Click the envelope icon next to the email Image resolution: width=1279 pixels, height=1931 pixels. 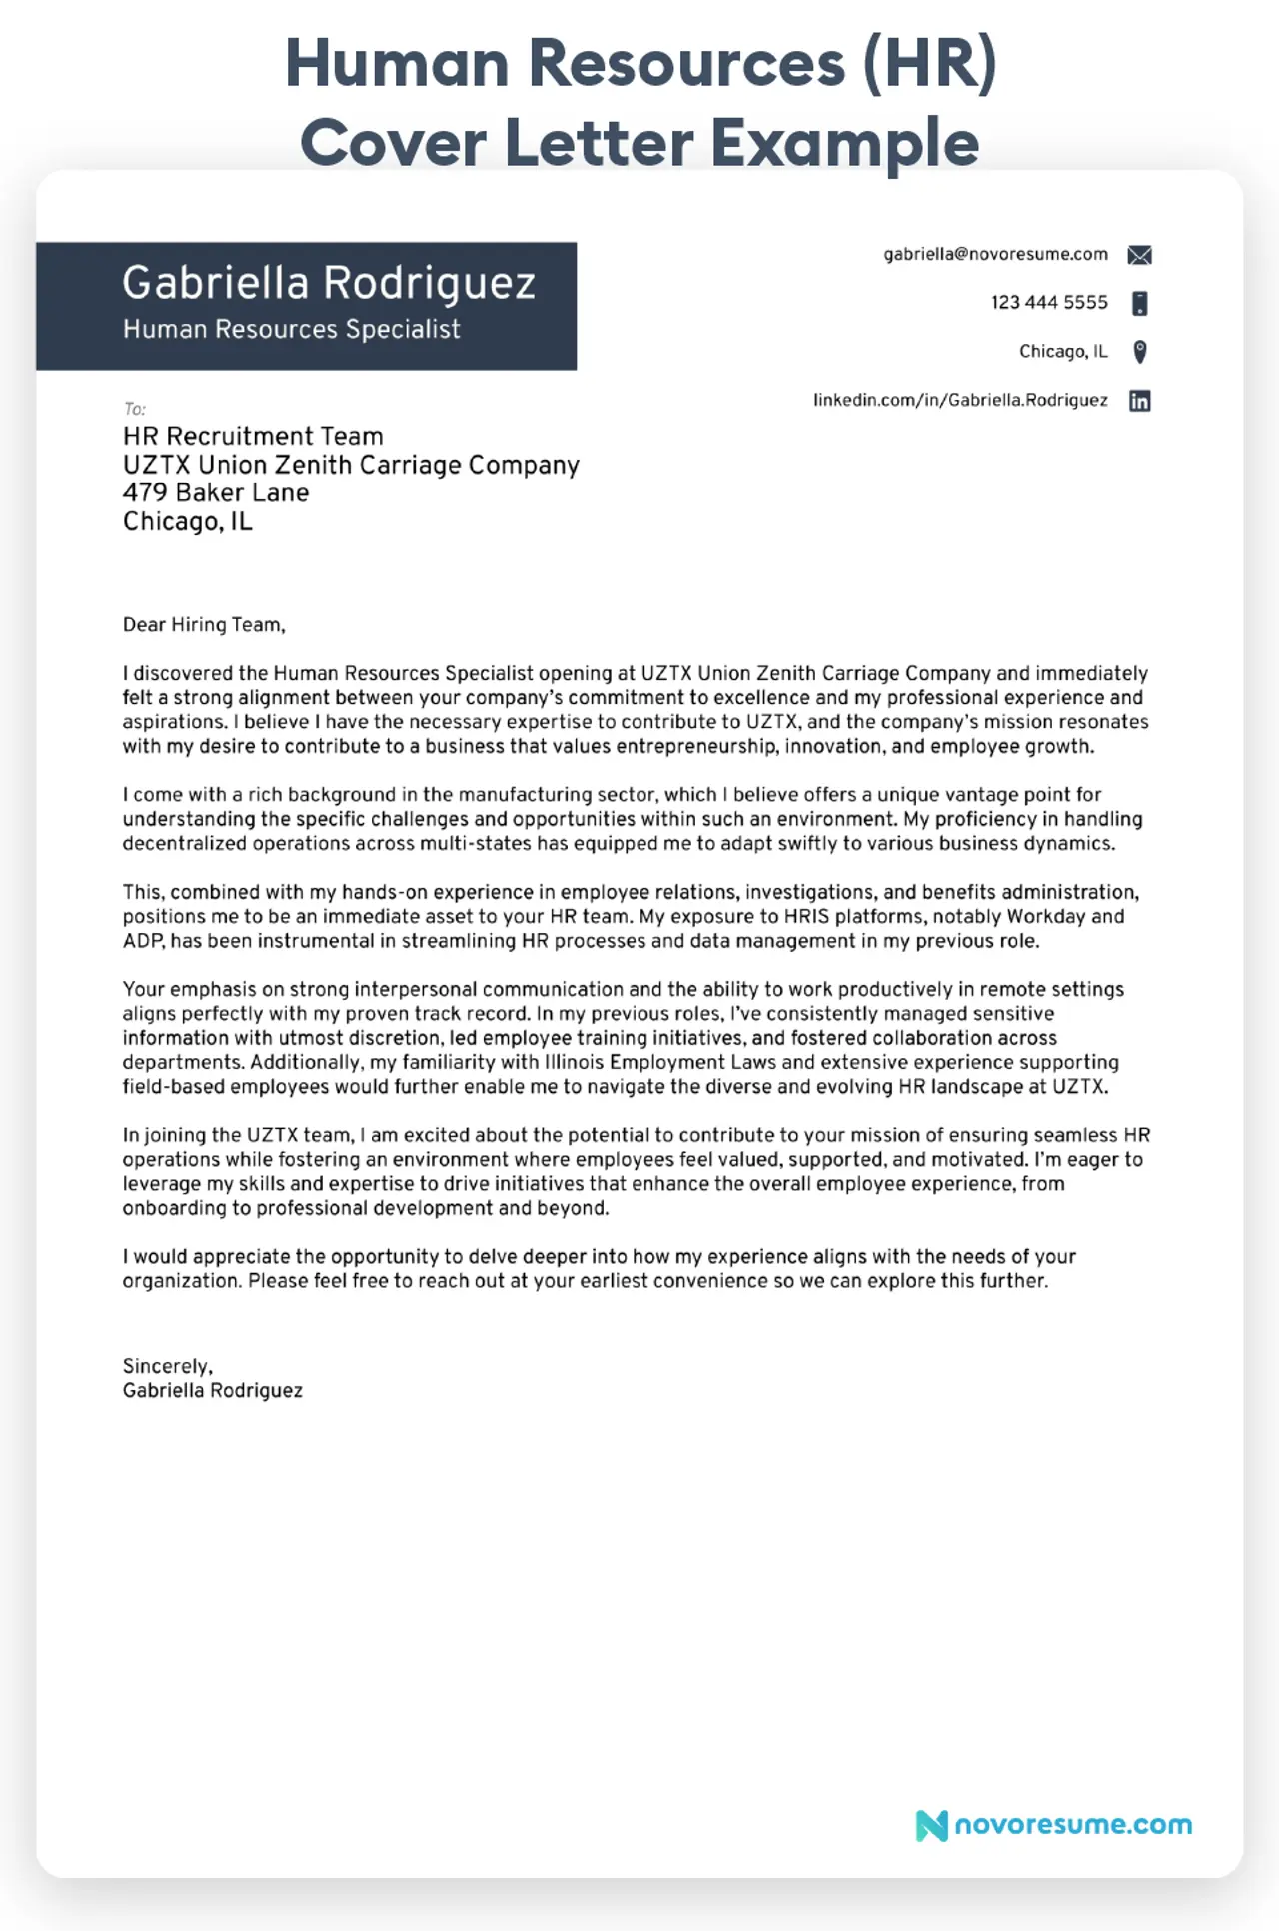point(1139,255)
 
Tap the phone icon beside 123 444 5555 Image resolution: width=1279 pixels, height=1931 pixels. point(1139,303)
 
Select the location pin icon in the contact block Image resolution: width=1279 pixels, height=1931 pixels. point(1139,351)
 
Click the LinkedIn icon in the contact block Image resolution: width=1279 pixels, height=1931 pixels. point(1139,401)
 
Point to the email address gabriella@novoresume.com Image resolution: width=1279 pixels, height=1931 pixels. point(995,254)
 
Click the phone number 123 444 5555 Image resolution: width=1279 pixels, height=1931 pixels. point(1049,302)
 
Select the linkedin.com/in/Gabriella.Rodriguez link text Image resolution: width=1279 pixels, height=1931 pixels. point(960,400)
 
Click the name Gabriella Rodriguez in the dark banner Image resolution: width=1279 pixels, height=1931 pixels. point(329,283)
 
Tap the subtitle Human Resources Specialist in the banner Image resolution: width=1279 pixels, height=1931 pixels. point(291,329)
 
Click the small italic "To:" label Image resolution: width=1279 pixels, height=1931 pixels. point(135,409)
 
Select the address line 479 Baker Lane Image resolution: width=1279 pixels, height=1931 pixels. point(216,492)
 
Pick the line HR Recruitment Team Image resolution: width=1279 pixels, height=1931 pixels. point(253,436)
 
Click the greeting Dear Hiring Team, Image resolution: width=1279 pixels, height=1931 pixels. point(204,625)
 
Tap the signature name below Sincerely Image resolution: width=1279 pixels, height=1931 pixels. point(212,1390)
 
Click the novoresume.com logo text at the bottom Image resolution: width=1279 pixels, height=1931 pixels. point(1073,1824)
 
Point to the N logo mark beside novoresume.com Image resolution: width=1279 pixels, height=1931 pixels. point(931,1826)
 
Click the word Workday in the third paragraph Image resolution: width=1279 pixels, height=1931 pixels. point(1045,916)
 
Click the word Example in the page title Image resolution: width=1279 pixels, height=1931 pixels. point(844,142)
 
